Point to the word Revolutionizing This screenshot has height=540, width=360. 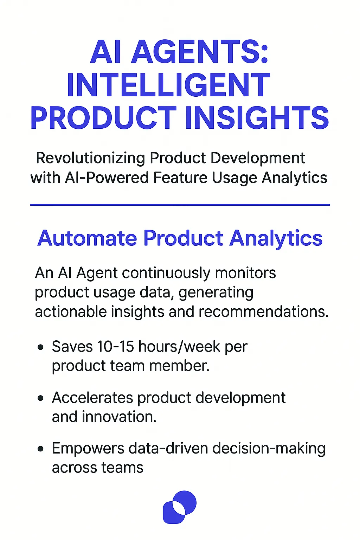click(90, 158)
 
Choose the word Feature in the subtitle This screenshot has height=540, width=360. click(180, 178)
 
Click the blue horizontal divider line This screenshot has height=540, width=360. click(180, 204)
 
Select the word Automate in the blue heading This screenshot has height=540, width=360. click(87, 238)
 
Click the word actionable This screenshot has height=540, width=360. click(70, 311)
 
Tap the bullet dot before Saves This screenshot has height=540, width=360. click(41, 347)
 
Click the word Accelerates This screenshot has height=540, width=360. click(92, 398)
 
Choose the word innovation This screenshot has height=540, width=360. click(119, 417)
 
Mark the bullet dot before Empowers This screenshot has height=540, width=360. click(41, 449)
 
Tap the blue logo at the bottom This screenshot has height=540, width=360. click(180, 507)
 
